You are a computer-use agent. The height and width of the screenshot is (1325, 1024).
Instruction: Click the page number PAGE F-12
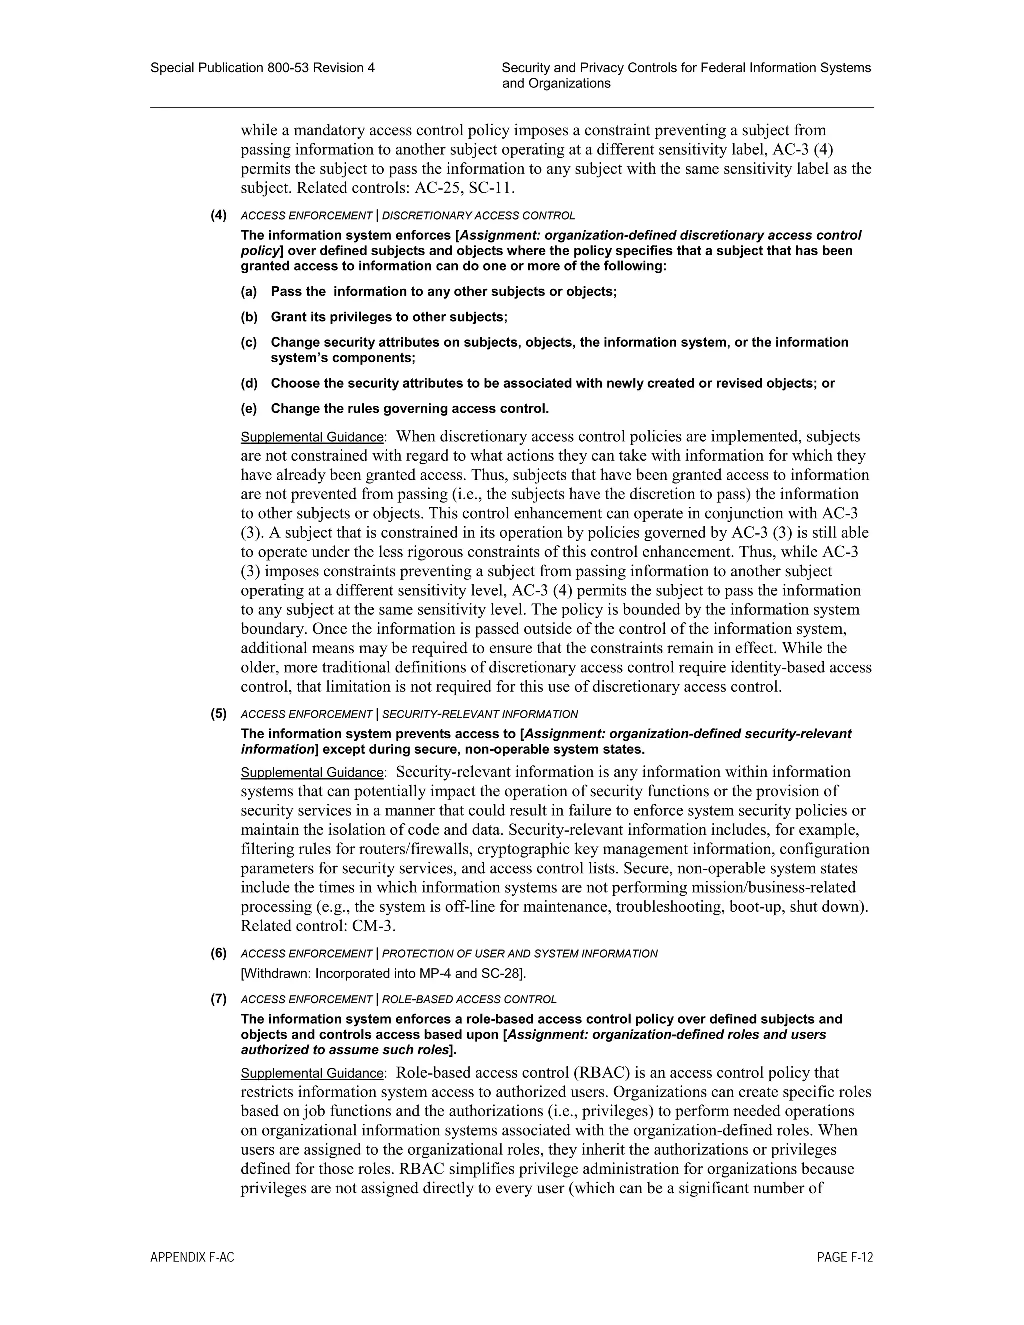(844, 1257)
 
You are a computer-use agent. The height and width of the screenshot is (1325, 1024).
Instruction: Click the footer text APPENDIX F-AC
(192, 1257)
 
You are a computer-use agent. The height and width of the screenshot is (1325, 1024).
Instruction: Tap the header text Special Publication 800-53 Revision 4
(262, 68)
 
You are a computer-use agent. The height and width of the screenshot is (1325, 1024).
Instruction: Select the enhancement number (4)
(219, 215)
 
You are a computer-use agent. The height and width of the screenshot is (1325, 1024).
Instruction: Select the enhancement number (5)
(219, 714)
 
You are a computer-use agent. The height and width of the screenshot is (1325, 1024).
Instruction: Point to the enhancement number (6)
(219, 953)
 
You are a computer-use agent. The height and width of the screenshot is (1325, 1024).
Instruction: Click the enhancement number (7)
(219, 999)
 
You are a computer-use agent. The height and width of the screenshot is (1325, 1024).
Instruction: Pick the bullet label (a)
(249, 292)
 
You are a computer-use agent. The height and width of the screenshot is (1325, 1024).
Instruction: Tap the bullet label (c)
(249, 343)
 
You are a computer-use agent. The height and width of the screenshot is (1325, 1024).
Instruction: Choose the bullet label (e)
(249, 409)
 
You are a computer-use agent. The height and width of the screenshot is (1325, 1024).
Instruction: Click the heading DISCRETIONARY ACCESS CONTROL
(478, 216)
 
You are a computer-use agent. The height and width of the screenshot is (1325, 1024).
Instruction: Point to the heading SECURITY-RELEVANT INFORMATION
(480, 714)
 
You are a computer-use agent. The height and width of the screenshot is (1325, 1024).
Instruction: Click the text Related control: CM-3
(318, 926)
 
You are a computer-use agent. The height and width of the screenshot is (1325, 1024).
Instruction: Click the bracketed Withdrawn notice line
(383, 973)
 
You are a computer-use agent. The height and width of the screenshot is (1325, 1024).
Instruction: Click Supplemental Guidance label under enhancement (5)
(312, 773)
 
